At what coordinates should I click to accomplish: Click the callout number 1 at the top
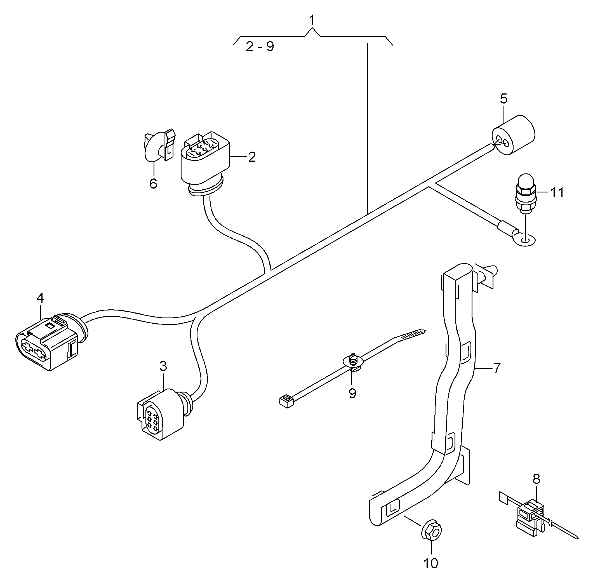pyautogui.click(x=312, y=20)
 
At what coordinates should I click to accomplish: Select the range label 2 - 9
pyautogui.click(x=260, y=47)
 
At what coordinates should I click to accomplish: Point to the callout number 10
pyautogui.click(x=431, y=563)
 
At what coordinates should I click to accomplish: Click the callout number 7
pyautogui.click(x=497, y=368)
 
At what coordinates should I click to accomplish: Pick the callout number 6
pyautogui.click(x=153, y=184)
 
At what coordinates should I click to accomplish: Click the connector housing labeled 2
pyautogui.click(x=204, y=159)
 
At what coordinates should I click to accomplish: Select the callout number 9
pyautogui.click(x=352, y=394)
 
